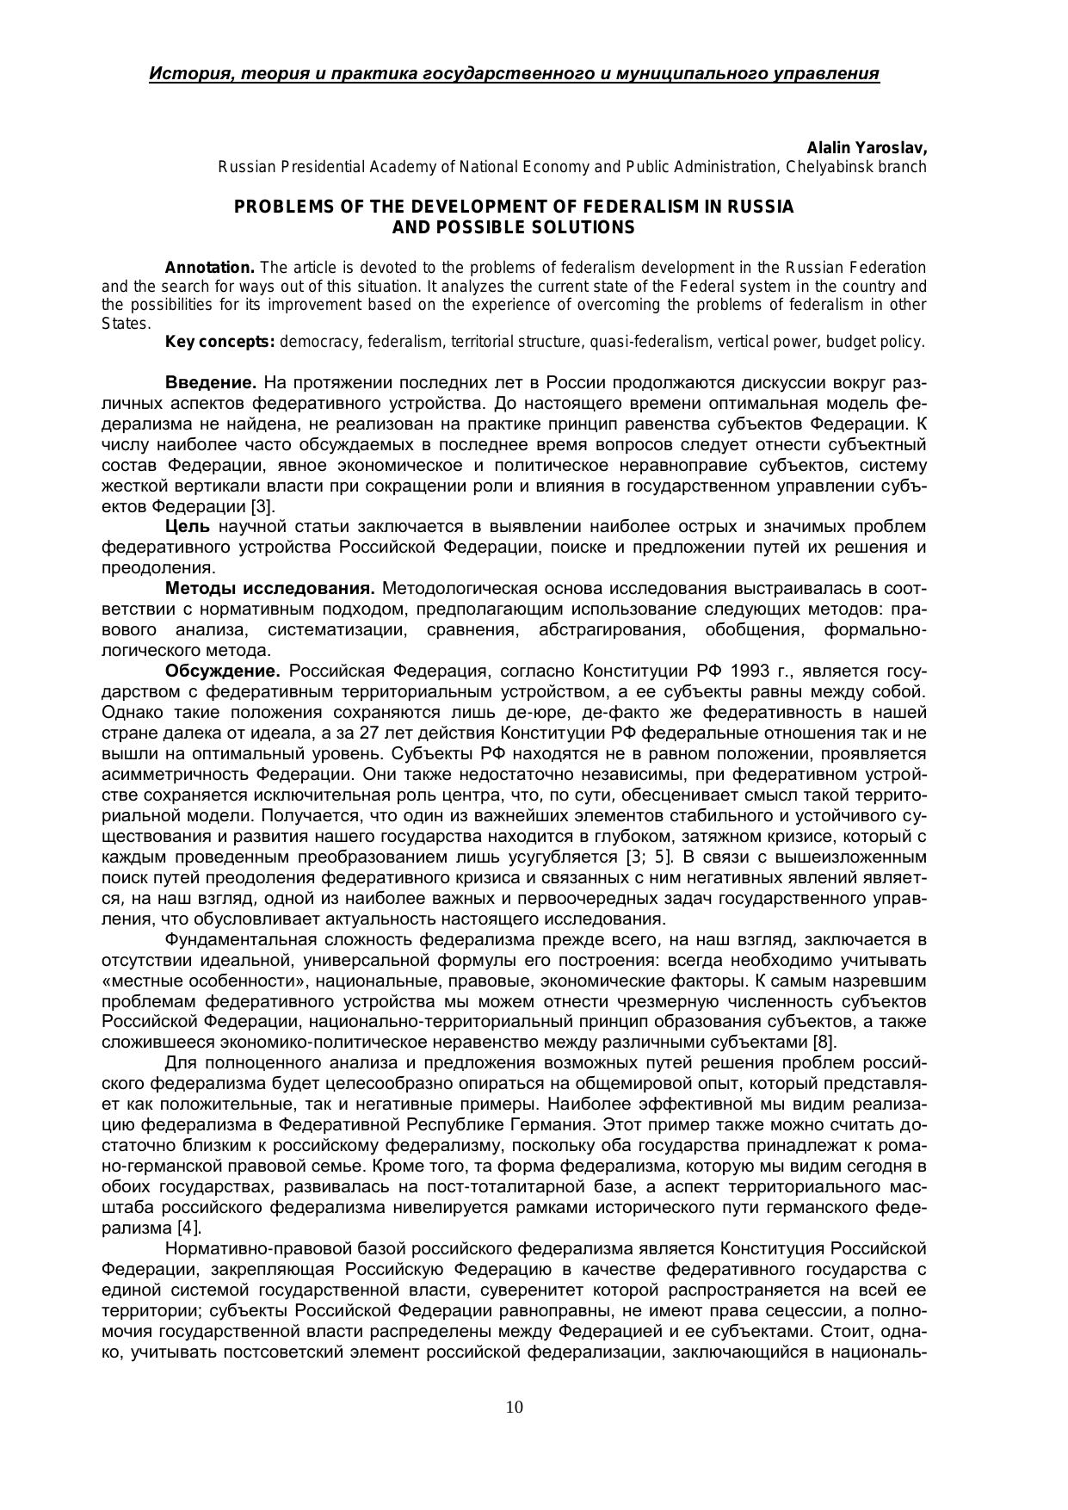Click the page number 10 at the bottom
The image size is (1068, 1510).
tap(515, 1407)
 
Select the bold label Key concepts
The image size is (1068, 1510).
tap(219, 342)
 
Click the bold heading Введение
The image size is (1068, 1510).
tap(210, 382)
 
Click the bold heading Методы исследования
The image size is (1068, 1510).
tap(269, 589)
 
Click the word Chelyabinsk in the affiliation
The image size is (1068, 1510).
tap(827, 167)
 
